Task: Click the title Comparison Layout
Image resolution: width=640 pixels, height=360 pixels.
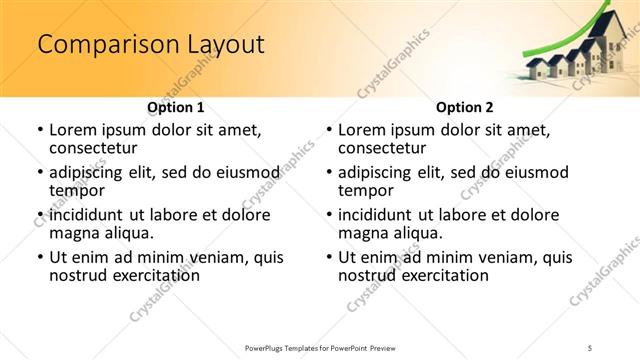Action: pos(150,45)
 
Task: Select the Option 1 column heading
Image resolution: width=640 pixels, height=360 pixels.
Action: pos(175,107)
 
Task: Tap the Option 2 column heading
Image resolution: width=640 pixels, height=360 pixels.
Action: pos(464,107)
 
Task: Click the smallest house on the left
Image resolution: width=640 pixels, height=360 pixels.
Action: pos(534,69)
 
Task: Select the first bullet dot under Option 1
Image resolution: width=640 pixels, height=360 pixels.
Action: pos(39,131)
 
